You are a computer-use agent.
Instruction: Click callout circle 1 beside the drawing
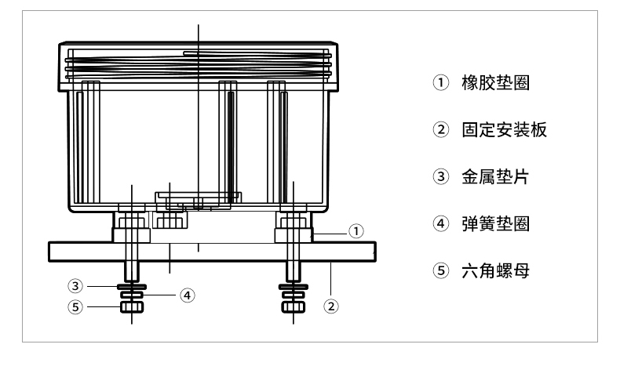tap(357, 230)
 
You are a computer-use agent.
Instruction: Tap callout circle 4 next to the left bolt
tap(186, 295)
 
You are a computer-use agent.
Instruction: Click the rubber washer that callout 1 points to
tap(292, 235)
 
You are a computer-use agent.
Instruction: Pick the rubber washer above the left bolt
tap(130, 235)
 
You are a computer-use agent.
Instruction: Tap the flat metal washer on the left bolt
tap(131, 286)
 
